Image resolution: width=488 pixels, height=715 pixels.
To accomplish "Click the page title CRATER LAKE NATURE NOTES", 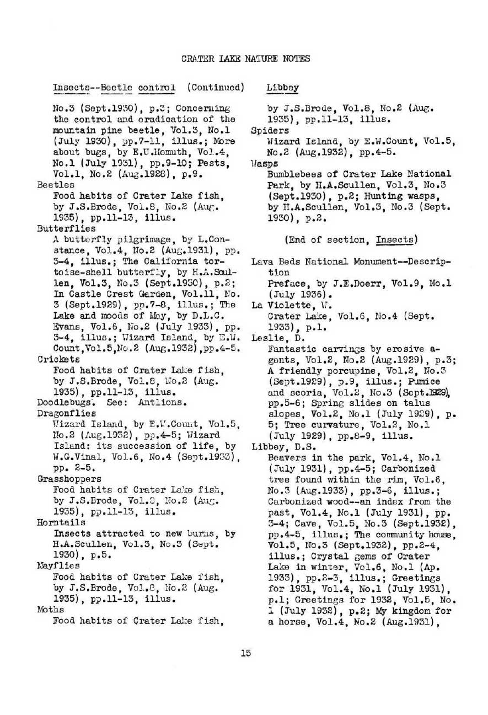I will [x=245, y=58].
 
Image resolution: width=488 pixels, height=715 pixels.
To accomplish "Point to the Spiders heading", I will [x=270, y=131].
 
